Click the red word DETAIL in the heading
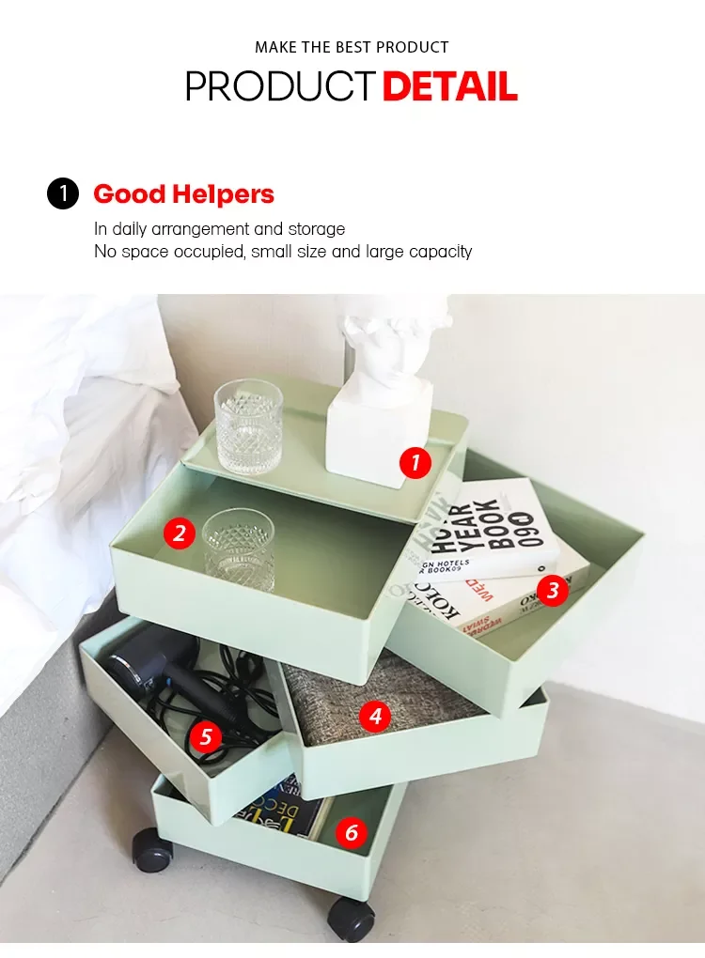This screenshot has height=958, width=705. pyautogui.click(x=449, y=86)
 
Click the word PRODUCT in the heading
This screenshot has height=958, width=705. pyautogui.click(x=280, y=86)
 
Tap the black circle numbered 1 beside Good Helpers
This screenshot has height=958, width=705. pyautogui.click(x=63, y=194)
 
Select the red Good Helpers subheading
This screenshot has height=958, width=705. pyautogui.click(x=184, y=194)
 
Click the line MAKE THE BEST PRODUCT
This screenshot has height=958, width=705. pyautogui.click(x=352, y=47)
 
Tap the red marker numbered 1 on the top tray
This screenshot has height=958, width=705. pyautogui.click(x=415, y=462)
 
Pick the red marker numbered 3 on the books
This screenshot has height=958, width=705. pyautogui.click(x=553, y=590)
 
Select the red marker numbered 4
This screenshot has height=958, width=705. pyautogui.click(x=375, y=717)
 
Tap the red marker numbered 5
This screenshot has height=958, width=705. pyautogui.click(x=205, y=737)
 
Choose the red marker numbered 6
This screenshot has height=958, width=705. pyautogui.click(x=352, y=831)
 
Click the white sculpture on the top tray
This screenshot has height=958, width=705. pyautogui.click(x=381, y=394)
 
